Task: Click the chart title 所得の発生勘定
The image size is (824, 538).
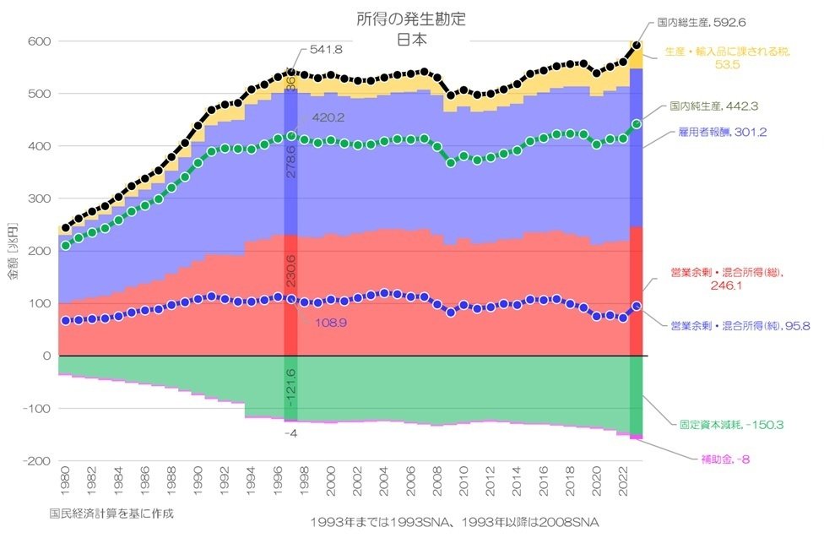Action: coord(411,18)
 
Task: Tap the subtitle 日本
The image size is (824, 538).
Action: coord(411,38)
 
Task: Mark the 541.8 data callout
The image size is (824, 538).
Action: coord(326,50)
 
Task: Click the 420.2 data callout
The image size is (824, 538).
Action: coord(328,118)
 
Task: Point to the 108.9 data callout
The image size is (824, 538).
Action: coord(330,323)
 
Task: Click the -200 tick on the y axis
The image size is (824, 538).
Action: coord(38,461)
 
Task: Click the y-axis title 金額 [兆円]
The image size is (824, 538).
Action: coord(13,251)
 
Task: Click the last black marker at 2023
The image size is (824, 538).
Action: coord(637,45)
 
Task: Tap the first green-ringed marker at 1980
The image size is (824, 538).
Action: coord(66,246)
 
